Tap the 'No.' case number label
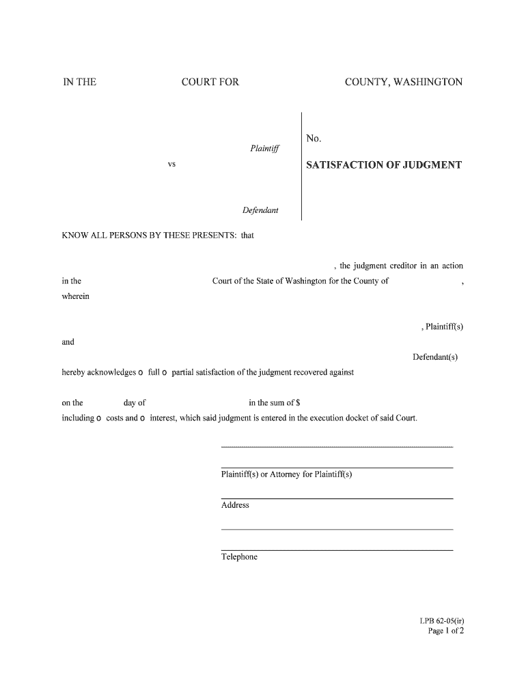314,139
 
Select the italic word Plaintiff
264,148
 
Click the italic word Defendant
260,210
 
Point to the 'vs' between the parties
171,165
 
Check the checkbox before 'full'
141,373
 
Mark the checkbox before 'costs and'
99,418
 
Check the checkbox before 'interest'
142,418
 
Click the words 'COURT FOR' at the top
210,83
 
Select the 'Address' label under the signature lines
235,505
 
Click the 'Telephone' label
239,557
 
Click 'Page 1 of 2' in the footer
445,631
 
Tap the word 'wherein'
75,296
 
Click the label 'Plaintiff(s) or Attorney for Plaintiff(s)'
286,474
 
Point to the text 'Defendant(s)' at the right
435,357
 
